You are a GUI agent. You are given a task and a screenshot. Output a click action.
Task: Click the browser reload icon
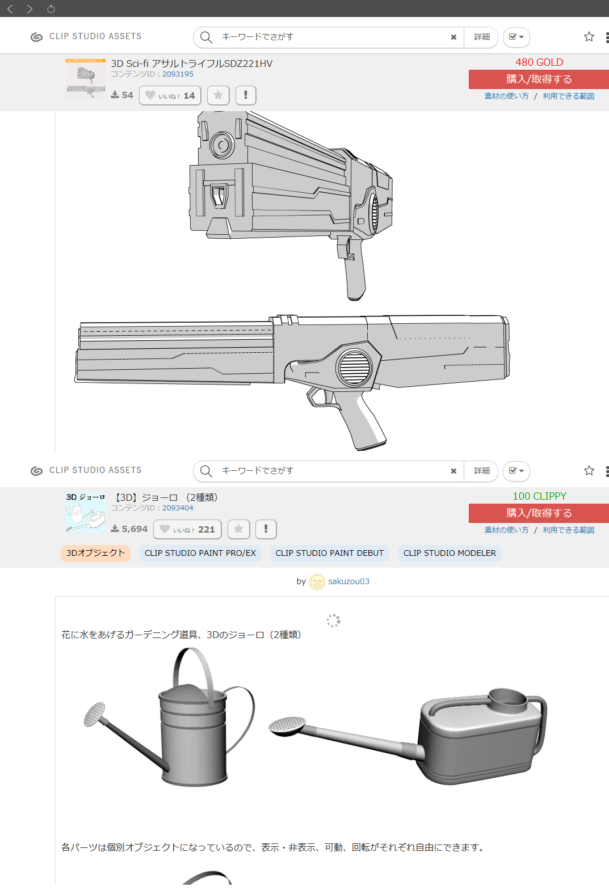51,9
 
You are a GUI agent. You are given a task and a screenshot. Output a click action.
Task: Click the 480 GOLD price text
539,62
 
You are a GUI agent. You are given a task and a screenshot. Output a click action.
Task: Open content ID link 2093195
178,74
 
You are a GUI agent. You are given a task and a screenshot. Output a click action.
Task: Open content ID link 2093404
178,508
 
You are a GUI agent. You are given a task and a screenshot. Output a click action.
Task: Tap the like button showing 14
170,95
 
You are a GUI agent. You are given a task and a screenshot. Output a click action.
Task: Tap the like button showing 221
187,529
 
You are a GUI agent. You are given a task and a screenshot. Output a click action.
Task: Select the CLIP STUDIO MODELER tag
450,553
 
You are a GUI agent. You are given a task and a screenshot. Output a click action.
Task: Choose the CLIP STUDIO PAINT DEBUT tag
330,553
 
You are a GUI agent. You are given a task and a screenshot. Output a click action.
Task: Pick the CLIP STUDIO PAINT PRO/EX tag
200,553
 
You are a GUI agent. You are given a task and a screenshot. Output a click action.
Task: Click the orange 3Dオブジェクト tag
95,553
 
